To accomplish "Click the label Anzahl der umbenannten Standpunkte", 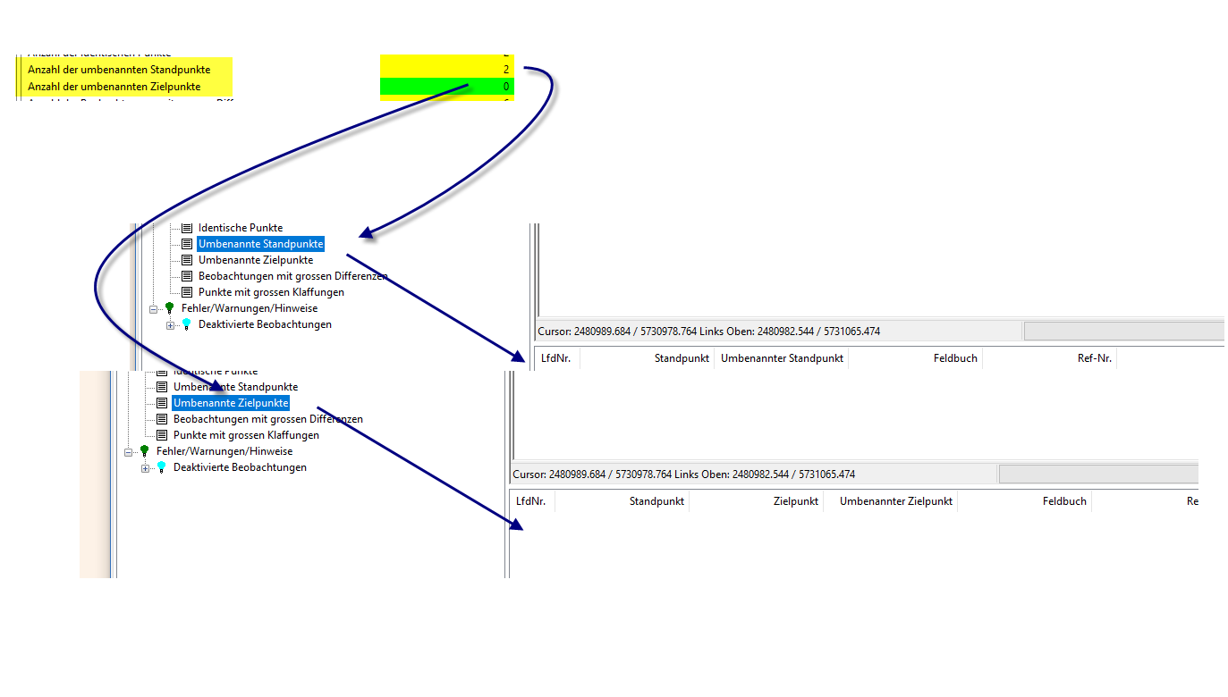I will coord(119,70).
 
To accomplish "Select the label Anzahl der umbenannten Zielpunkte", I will coord(114,87).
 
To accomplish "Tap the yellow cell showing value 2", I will coord(447,69).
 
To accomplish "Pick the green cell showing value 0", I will coord(447,87).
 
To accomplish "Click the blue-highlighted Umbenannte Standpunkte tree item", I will coord(260,244).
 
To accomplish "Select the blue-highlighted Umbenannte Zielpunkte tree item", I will coord(231,403).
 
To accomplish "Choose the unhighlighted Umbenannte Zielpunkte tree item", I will coord(255,260).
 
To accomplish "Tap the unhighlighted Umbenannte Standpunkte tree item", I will coord(235,387).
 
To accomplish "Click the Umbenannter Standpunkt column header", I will coord(782,358).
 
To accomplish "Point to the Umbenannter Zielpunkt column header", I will coord(895,501).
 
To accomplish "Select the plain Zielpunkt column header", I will coord(795,501).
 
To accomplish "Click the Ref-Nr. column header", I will coord(1094,358).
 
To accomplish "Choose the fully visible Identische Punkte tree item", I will coord(240,228).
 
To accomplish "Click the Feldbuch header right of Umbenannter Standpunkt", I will coord(955,358).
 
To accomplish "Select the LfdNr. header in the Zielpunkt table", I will coord(530,501).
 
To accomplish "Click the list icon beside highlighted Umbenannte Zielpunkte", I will coord(162,403).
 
